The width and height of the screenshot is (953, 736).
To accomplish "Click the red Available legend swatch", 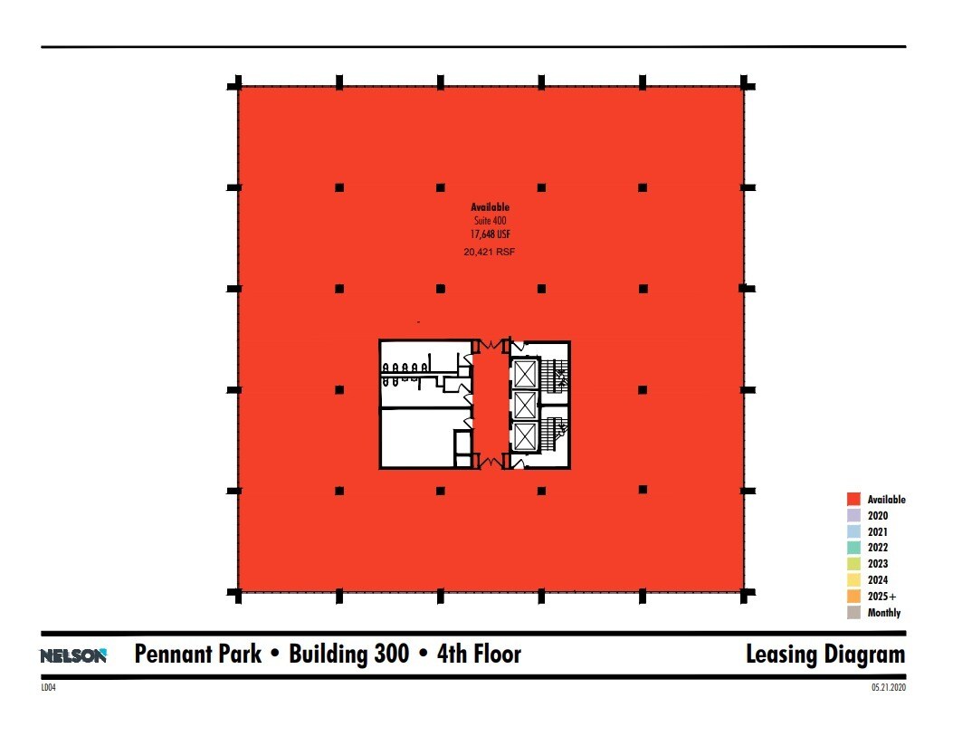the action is tap(853, 499).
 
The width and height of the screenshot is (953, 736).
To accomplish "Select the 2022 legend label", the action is tap(878, 548).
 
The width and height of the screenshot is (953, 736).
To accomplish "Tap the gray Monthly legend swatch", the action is tap(853, 613).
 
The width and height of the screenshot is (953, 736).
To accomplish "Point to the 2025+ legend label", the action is tap(882, 597).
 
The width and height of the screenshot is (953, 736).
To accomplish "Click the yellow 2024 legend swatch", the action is tap(853, 579).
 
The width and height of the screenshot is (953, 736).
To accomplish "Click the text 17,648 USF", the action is tap(490, 234).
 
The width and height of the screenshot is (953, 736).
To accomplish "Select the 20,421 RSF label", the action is tap(490, 252).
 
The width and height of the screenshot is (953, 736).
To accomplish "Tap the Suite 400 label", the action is tap(490, 221).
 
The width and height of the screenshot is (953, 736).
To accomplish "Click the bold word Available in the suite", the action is tap(490, 207).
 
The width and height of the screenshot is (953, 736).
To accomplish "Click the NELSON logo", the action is tap(73, 655).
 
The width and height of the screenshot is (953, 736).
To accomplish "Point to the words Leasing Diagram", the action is tap(825, 655).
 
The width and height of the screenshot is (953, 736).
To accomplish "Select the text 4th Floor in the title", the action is tap(479, 654).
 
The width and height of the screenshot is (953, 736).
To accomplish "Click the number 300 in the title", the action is tap(391, 654).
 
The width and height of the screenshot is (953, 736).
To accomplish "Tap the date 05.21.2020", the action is tap(889, 687).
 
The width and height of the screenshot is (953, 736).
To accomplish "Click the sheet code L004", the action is tap(48, 687).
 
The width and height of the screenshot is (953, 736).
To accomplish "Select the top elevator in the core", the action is tap(525, 374).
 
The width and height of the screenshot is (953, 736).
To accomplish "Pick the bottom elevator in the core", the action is tap(525, 436).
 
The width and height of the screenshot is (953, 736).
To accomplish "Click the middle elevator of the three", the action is tap(525, 405).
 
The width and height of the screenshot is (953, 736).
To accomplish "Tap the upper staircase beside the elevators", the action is tap(555, 374).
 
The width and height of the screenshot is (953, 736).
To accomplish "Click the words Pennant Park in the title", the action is tap(198, 654).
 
